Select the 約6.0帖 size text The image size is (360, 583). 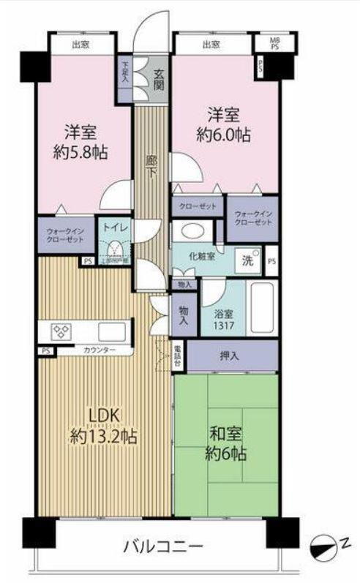[x=225, y=135]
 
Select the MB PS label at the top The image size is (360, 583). [x=274, y=43]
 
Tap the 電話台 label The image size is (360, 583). [x=178, y=355]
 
